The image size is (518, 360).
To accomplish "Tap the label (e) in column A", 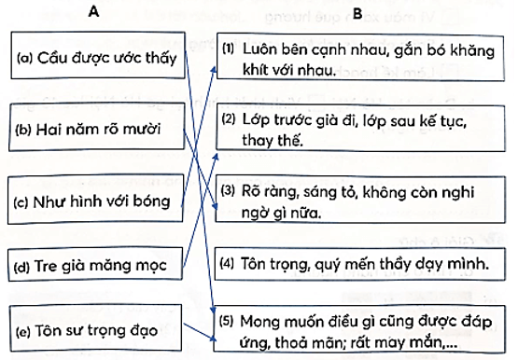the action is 25,331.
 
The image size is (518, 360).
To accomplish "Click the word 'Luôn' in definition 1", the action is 258,47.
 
